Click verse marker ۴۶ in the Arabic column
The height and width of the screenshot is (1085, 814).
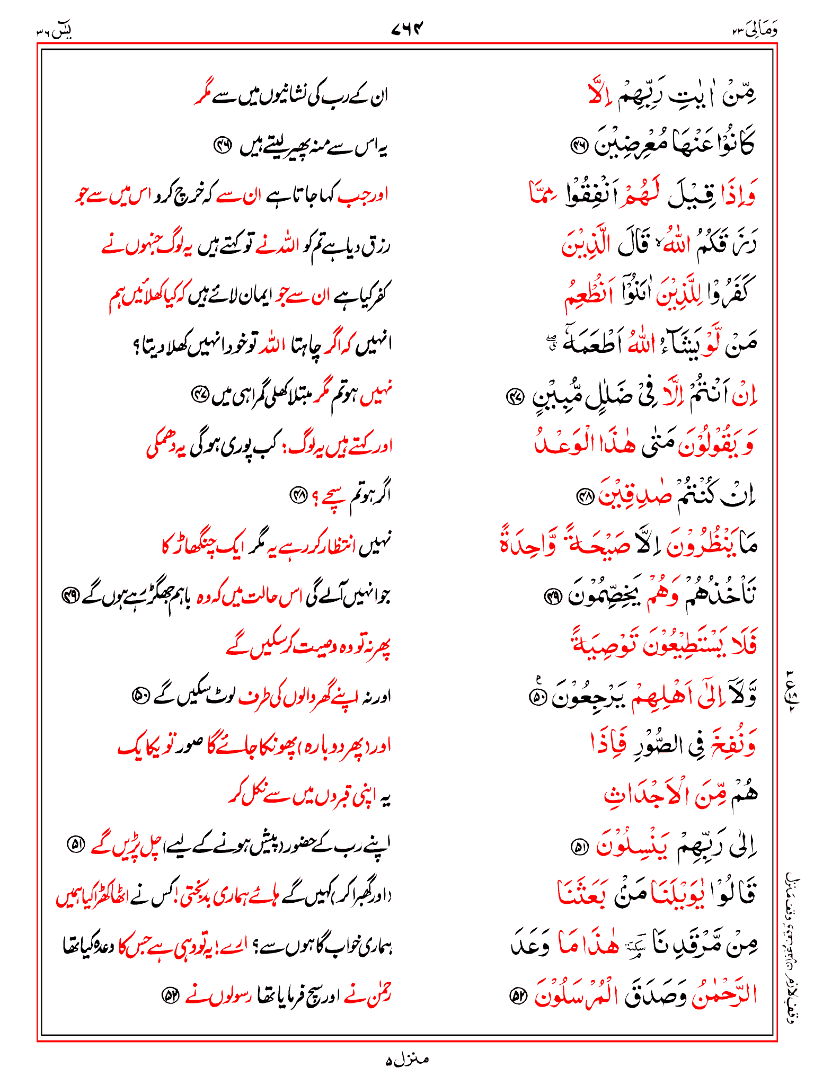point(578,144)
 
